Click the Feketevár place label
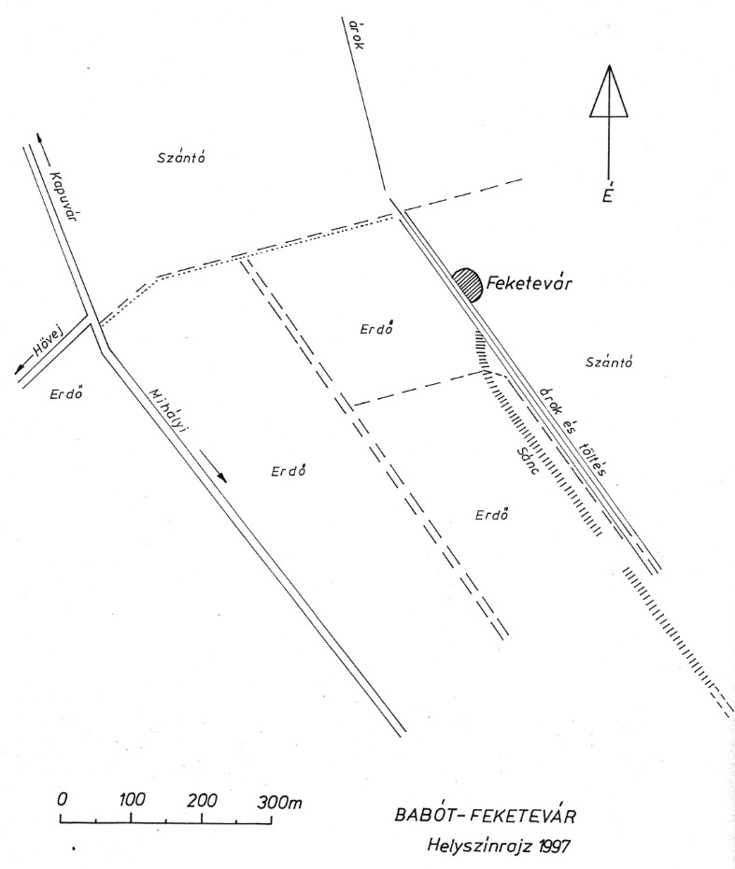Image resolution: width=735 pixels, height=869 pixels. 529,283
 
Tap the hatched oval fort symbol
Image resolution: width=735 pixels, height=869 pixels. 467,285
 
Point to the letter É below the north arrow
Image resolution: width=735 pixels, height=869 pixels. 608,194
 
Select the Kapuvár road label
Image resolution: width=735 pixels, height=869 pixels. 63,197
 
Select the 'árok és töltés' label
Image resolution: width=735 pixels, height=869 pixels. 573,431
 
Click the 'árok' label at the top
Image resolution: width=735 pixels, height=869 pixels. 356,35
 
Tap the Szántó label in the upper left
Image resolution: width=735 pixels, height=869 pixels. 181,157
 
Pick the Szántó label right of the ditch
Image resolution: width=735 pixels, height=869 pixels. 609,363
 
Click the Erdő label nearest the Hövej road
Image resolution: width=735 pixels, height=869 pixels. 66,394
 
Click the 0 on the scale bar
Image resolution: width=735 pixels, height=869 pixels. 63,800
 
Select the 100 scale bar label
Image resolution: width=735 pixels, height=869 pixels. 133,800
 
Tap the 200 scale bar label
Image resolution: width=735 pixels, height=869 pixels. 202,800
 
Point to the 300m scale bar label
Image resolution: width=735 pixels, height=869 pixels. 279,802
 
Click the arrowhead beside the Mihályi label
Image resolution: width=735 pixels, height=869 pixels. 221,477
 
